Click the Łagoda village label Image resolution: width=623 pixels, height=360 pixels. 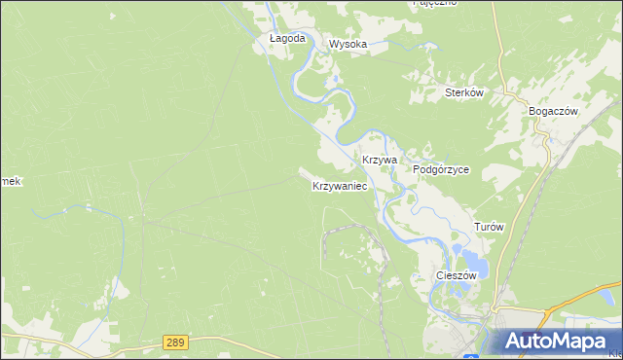[287, 39]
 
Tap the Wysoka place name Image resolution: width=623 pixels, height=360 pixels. [348, 45]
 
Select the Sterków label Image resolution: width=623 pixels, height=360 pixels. [464, 93]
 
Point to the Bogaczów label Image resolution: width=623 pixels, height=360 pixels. [553, 111]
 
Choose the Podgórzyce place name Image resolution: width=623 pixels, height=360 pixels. [441, 169]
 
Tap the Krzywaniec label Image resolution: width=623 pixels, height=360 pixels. [340, 185]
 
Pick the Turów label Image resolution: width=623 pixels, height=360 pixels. [489, 226]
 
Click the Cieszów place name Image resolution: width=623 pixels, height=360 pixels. [456, 275]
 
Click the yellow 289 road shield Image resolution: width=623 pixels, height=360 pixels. [174, 342]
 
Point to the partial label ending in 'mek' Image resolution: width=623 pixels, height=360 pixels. [10, 182]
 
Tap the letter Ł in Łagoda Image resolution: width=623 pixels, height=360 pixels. [273, 39]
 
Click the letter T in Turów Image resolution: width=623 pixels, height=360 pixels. [477, 226]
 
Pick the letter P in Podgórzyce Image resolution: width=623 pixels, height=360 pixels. [417, 169]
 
